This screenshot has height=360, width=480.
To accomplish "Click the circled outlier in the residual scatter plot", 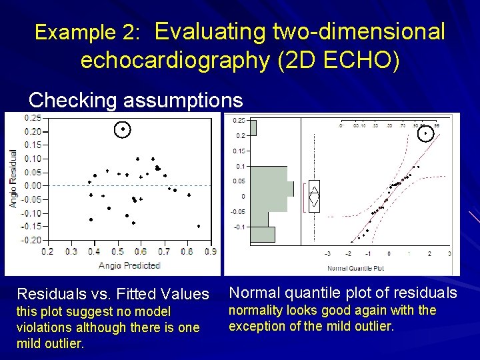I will pyautogui.click(x=123, y=129).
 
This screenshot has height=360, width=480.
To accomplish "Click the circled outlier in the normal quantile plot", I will pyautogui.click(x=425, y=133).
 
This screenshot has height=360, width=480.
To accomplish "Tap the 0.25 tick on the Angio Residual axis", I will pyautogui.click(x=32, y=118).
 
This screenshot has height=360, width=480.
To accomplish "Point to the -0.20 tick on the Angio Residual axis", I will pyautogui.click(x=31, y=240).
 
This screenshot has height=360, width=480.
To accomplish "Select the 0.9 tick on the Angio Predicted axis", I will pyautogui.click(x=211, y=252).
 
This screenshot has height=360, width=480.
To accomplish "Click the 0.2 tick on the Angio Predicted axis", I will pyautogui.click(x=47, y=252).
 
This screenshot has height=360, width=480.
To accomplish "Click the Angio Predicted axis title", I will pyautogui.click(x=129, y=265).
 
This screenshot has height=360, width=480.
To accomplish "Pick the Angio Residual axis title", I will pyautogui.click(x=13, y=178).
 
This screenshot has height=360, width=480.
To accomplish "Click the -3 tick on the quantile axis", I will pyautogui.click(x=327, y=254).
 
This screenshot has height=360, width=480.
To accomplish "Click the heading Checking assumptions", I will pyautogui.click(x=135, y=100).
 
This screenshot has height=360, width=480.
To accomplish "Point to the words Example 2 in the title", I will pyautogui.click(x=87, y=32).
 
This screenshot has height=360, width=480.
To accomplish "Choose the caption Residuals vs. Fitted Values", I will pyautogui.click(x=113, y=294).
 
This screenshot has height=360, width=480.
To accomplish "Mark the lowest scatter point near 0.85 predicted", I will pyautogui.click(x=198, y=226).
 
